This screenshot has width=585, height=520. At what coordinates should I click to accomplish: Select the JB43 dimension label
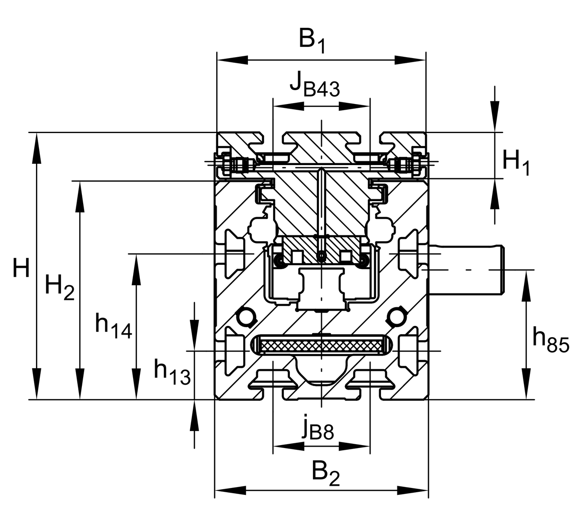(315, 84)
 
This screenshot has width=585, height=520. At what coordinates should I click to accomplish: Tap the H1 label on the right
(516, 163)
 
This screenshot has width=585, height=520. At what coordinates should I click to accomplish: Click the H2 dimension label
(59, 287)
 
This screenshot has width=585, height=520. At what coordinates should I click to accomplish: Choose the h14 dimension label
(114, 326)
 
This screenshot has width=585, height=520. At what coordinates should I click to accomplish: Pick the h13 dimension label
(172, 373)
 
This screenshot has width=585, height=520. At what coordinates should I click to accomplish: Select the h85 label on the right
(551, 340)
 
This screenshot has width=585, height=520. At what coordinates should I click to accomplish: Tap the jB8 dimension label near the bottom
(318, 431)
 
